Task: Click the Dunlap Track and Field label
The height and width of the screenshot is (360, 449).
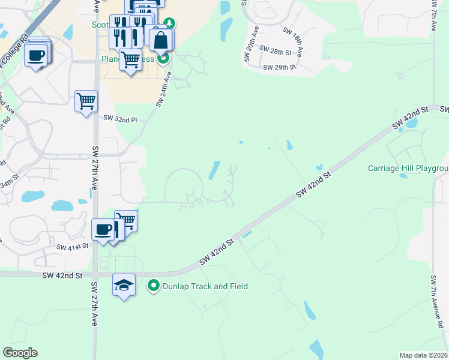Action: (205, 286)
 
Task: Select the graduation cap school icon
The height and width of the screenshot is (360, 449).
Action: (124, 285)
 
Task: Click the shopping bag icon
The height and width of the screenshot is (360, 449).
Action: (161, 41)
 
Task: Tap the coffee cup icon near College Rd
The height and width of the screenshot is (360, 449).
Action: (36, 55)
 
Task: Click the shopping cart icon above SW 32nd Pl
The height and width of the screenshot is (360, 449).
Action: (86, 100)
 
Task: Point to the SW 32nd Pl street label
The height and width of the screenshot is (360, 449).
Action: (120, 119)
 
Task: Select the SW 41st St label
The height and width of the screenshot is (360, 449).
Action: (73, 247)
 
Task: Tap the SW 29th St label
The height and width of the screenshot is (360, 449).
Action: (280, 67)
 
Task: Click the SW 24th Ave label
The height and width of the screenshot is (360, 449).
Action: (164, 90)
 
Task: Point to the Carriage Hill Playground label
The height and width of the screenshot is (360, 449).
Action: (408, 168)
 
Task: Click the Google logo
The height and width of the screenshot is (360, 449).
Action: (20, 353)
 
